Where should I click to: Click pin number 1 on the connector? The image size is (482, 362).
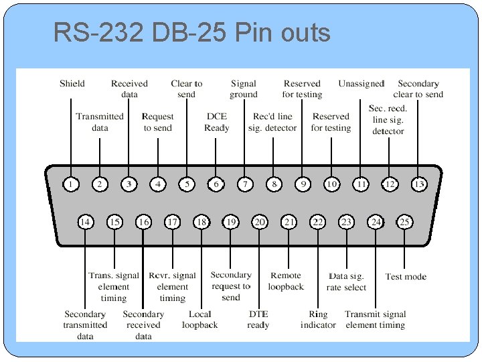tap(71, 184)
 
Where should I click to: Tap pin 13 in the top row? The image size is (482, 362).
tap(419, 184)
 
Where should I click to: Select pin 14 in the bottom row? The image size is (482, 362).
tap(86, 222)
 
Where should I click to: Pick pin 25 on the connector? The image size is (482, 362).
tap(404, 222)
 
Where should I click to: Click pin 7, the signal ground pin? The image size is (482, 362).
tap(245, 184)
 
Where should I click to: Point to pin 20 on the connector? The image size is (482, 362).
tap(259, 222)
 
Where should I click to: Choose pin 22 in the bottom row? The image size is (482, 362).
tap(318, 222)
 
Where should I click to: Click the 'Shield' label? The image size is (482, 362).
tap(72, 84)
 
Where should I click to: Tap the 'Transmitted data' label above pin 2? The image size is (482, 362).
tap(100, 122)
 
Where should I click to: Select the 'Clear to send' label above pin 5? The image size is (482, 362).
tap(187, 89)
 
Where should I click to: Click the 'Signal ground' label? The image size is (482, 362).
tap(244, 89)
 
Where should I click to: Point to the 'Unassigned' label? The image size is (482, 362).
tap(361, 84)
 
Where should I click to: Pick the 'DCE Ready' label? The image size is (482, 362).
tap(216, 122)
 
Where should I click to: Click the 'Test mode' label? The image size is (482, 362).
tap(406, 276)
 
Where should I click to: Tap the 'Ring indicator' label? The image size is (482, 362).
tap(318, 320)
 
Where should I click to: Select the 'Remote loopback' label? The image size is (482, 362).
tap(286, 281)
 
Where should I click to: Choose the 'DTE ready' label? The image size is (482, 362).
tap(258, 320)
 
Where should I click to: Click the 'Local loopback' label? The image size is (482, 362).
tap(199, 320)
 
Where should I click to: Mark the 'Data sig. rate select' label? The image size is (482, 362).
tap(347, 282)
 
